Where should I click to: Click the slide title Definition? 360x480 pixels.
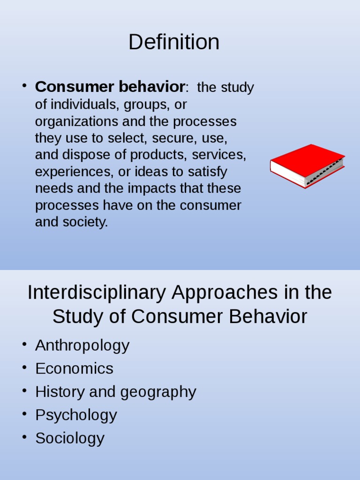[x=174, y=42]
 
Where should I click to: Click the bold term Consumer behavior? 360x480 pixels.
[x=110, y=87]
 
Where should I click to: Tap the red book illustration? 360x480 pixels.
[x=307, y=165]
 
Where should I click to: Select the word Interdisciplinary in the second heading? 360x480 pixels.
[x=97, y=293]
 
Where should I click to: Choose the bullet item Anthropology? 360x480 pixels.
[x=82, y=345]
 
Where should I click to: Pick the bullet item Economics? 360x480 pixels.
[x=74, y=368]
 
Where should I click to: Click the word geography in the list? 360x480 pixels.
[x=158, y=392]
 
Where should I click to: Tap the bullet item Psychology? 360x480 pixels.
[x=76, y=415]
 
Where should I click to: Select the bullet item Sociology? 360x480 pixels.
[x=70, y=438]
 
